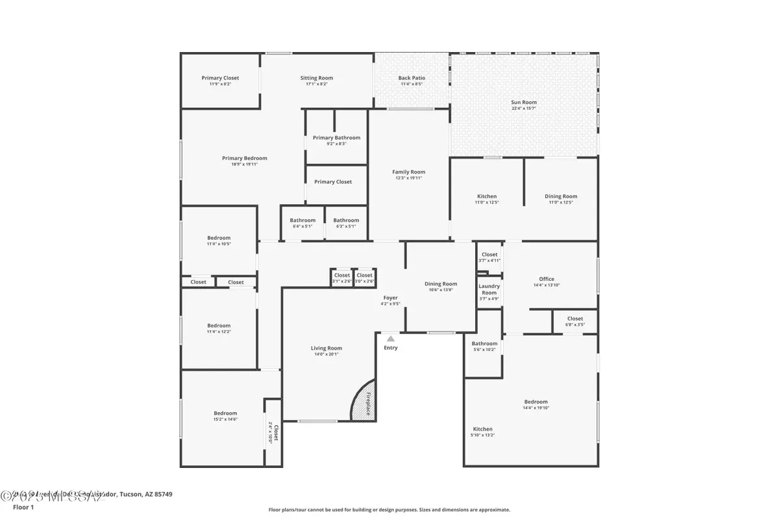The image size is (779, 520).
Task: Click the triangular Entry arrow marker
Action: tap(390, 339)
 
